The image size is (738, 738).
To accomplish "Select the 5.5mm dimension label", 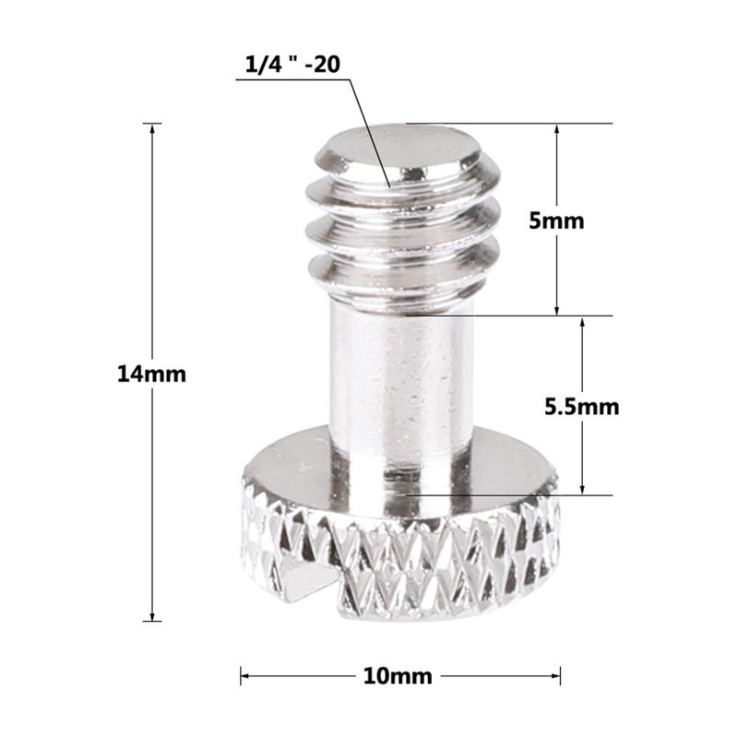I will click(581, 406).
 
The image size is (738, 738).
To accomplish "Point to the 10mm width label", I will click(400, 676).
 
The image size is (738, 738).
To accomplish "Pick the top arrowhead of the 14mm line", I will click(151, 129).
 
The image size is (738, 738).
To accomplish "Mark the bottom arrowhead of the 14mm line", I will click(151, 615).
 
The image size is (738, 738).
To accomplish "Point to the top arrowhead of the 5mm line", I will click(556, 129).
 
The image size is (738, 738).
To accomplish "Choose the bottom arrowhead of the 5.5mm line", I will click(582, 489).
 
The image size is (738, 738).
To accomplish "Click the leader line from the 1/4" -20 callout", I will click(369, 129).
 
